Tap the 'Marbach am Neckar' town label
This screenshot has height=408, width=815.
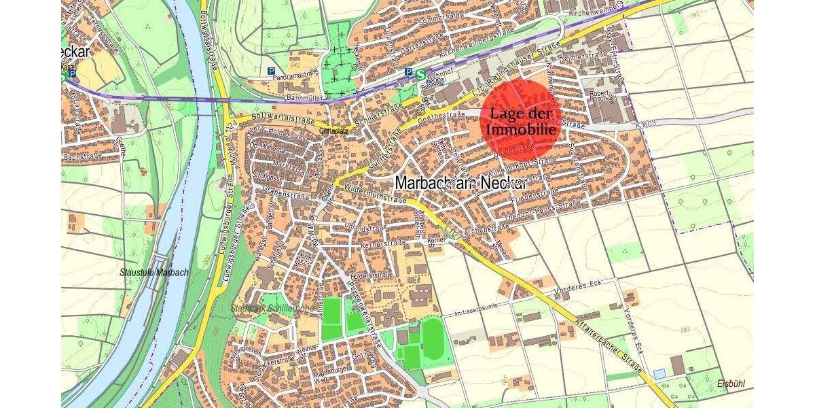click(460, 182)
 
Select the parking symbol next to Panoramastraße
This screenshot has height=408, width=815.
click(272, 71)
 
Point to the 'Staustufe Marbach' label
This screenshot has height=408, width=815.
click(153, 272)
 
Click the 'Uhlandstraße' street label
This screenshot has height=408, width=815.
click(367, 227)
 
